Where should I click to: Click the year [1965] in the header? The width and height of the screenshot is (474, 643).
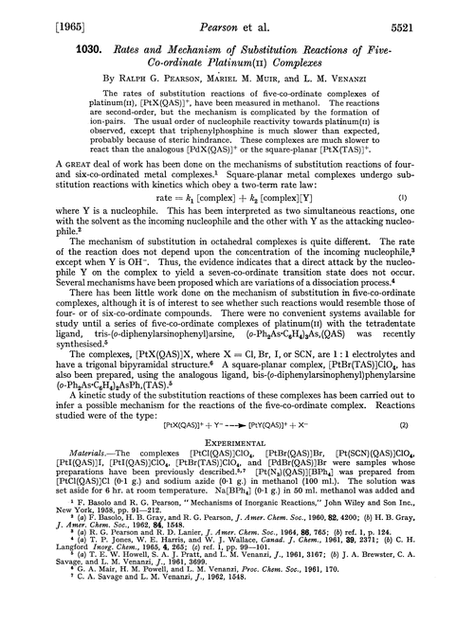[38, 13]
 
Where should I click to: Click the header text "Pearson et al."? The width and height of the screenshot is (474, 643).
[237, 13]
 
